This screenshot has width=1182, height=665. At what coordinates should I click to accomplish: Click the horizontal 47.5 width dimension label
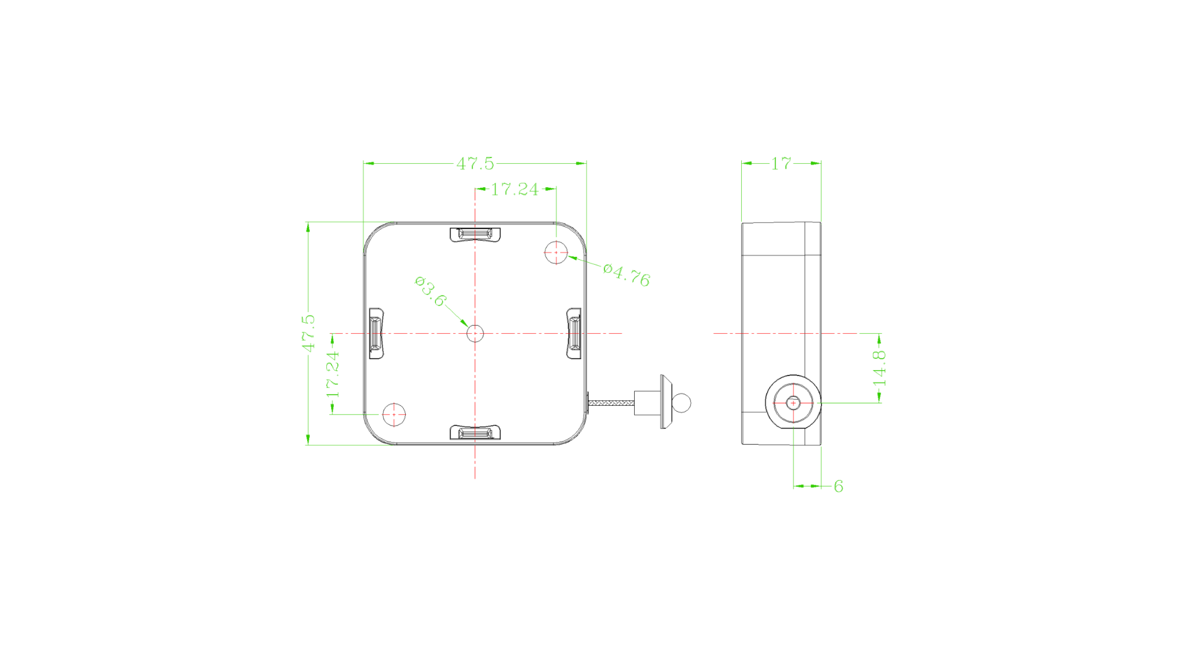[475, 164]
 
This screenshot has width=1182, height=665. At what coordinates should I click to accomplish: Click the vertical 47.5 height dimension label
[308, 333]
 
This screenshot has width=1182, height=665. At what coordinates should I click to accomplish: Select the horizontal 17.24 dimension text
[515, 189]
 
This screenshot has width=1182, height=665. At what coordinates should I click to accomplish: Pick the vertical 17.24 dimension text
[332, 374]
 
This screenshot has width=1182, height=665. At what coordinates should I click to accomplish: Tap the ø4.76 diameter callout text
[627, 275]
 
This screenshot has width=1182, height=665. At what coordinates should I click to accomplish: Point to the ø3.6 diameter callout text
[430, 291]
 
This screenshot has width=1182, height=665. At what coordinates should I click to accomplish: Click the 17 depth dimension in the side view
[781, 164]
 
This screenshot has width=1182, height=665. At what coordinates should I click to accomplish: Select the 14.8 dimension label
[880, 368]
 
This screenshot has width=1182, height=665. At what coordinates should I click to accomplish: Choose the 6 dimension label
[838, 486]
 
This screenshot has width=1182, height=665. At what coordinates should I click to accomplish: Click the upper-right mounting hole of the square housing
[556, 252]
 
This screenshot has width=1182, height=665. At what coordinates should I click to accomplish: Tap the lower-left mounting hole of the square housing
[394, 415]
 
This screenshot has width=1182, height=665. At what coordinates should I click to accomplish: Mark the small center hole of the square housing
[475, 334]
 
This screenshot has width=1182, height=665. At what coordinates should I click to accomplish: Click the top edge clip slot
[475, 235]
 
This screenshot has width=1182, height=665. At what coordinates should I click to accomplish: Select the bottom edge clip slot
[475, 432]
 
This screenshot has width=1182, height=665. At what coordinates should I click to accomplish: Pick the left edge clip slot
[376, 333]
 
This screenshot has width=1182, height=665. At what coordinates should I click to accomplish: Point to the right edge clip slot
[574, 333]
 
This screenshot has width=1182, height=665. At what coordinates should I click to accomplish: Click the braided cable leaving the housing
[611, 403]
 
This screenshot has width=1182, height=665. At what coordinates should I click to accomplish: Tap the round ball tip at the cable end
[681, 403]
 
